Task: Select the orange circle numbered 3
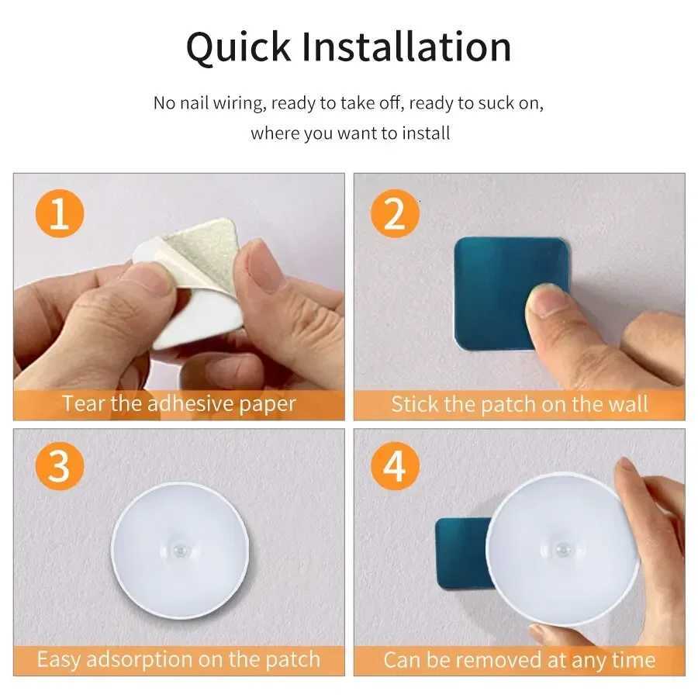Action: point(59,467)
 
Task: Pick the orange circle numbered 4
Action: point(395,467)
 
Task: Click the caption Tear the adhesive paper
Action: point(179,404)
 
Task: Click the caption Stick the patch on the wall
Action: point(519,404)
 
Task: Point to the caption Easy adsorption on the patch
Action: point(178,660)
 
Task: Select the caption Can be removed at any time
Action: point(519,661)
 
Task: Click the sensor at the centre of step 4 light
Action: point(562,548)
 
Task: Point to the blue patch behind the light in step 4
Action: point(460,551)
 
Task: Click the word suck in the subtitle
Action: point(479,103)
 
